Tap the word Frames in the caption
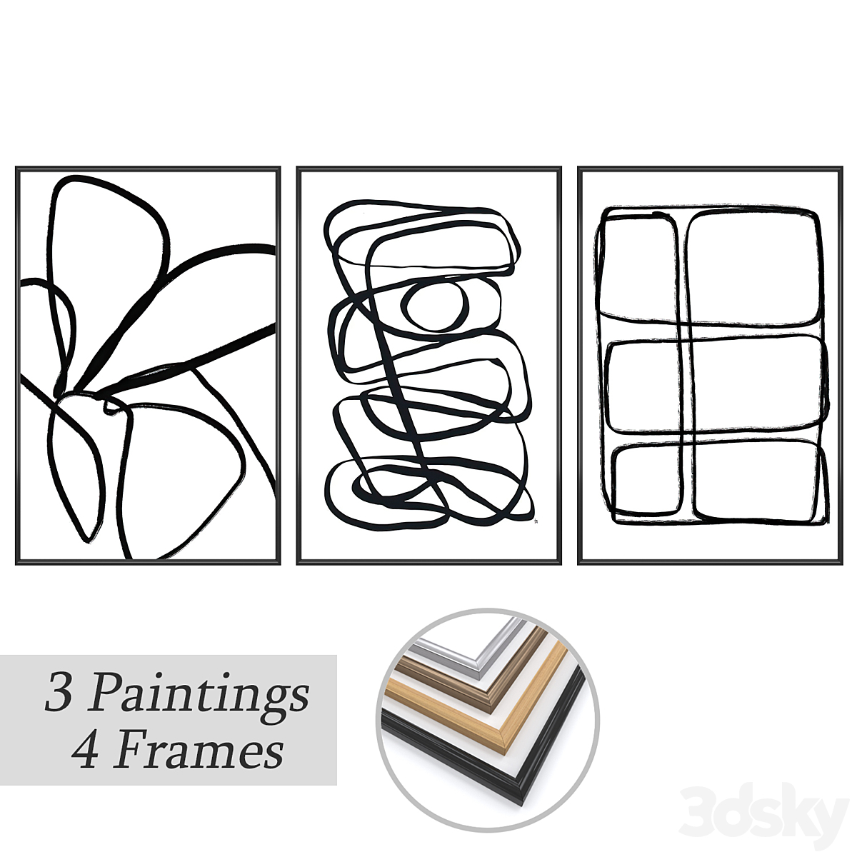199,751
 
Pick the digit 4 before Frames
84,751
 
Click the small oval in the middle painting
434,306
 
